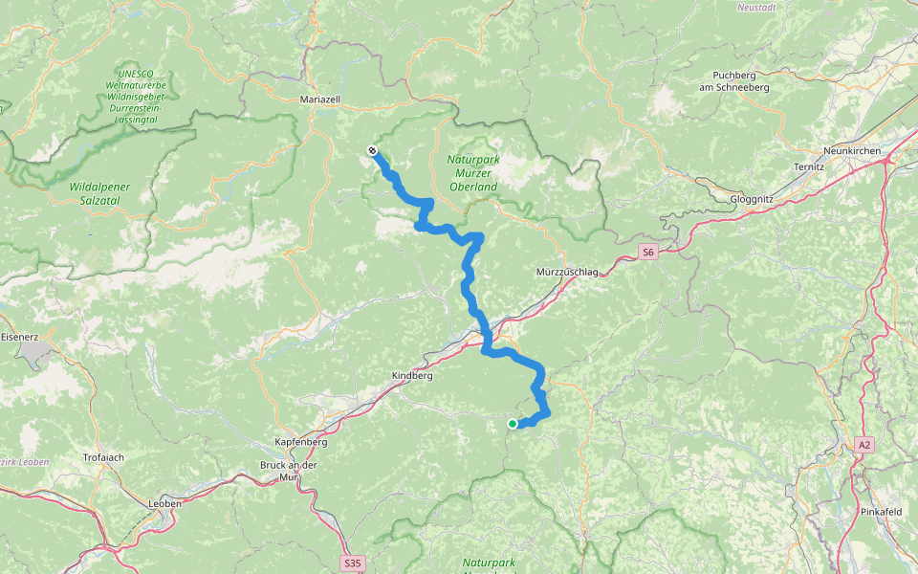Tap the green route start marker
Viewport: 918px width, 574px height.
(513, 424)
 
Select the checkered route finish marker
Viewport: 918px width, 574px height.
(371, 150)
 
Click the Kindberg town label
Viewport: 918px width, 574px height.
(412, 376)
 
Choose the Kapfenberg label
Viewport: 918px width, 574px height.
(301, 443)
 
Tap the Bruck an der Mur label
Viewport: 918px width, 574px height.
(288, 470)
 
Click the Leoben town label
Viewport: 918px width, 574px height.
(164, 502)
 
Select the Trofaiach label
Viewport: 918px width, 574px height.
(104, 457)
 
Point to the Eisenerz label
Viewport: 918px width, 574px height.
(19, 337)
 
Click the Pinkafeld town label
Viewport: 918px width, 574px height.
(881, 512)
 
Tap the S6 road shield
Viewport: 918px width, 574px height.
(648, 253)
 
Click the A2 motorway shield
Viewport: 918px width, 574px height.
(864, 444)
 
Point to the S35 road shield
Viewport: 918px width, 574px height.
(352, 563)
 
